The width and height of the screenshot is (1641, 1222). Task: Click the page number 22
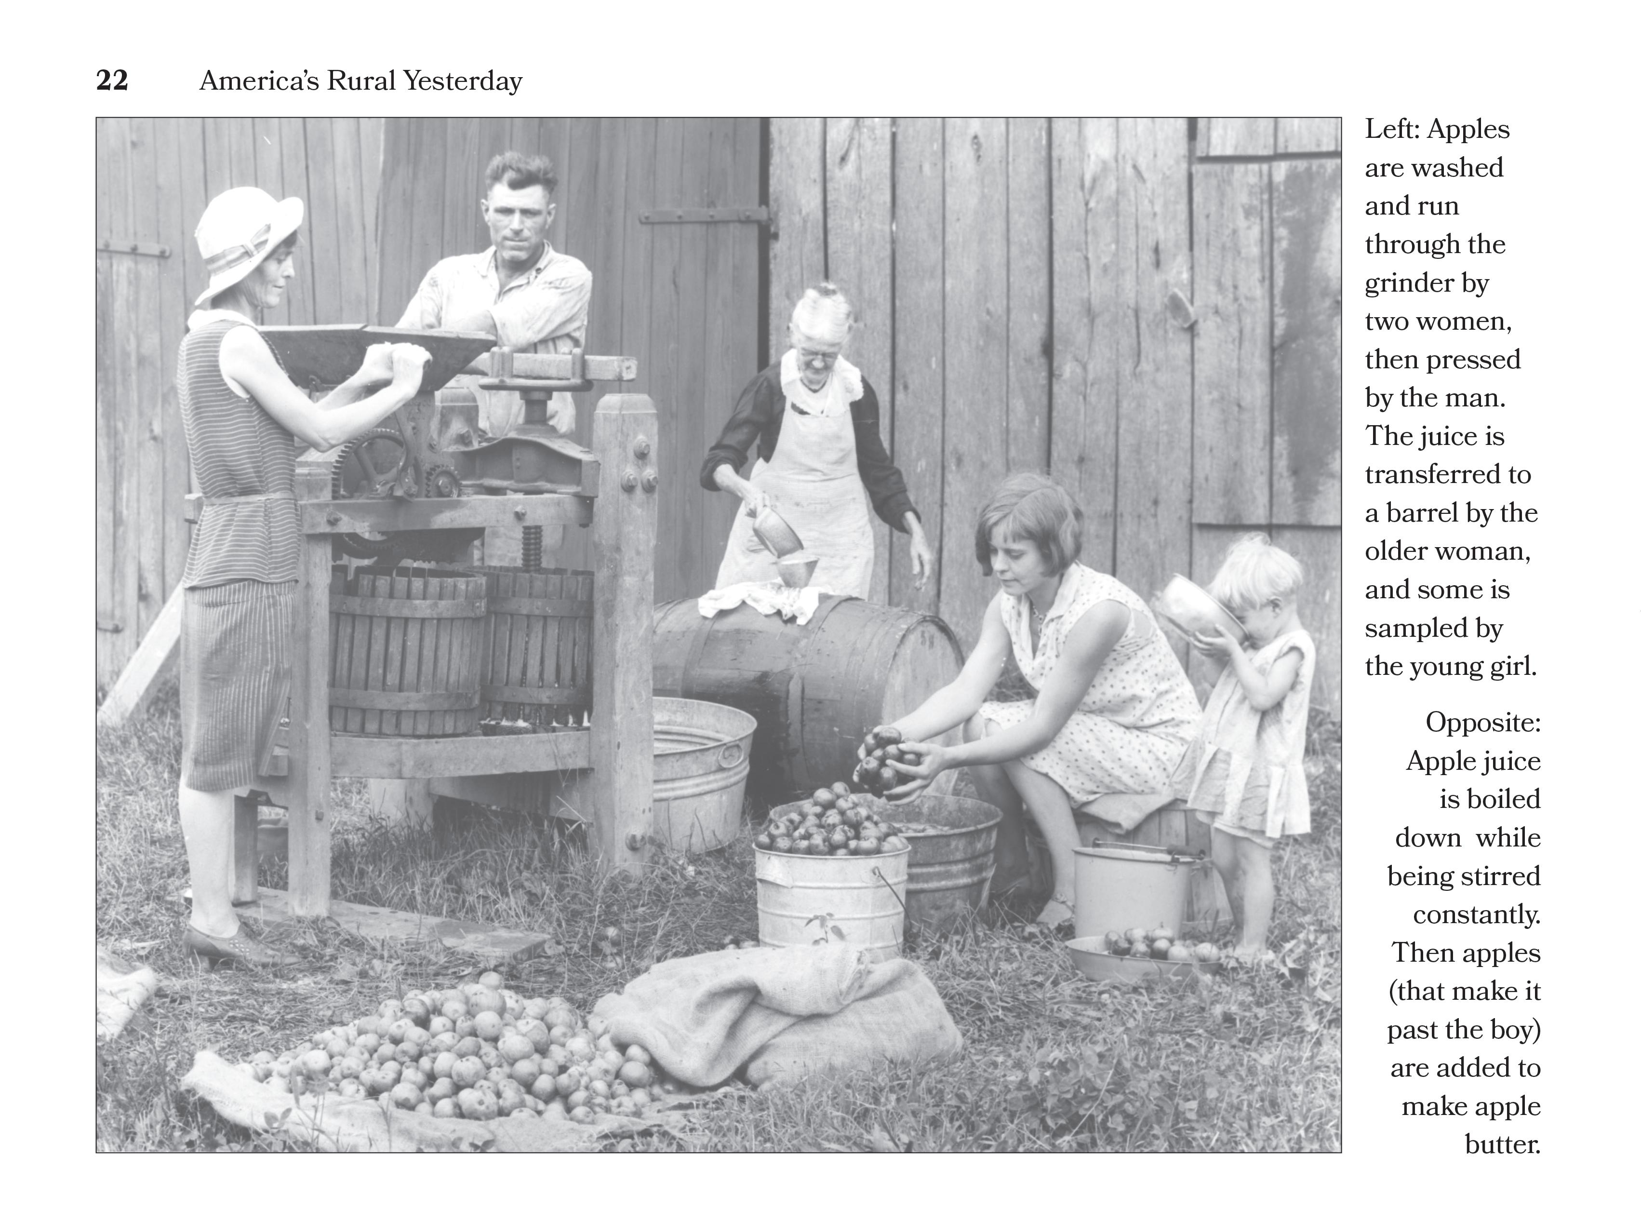tap(112, 80)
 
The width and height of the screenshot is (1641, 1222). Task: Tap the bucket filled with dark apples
tap(831, 873)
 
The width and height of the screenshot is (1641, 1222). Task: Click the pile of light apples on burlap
tap(458, 1050)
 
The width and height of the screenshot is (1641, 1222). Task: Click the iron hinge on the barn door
tap(703, 216)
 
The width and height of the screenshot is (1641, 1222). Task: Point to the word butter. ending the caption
tap(1502, 1144)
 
